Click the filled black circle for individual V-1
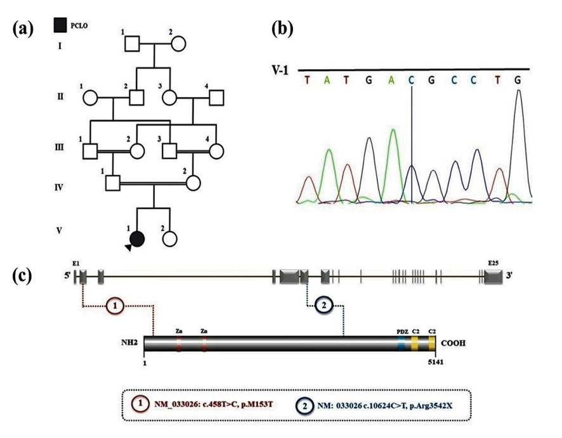[137, 238]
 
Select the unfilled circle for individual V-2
[169, 238]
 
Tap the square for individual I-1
[132, 44]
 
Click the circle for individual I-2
[178, 44]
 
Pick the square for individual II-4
[216, 98]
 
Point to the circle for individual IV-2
[193, 183]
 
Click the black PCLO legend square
[60, 25]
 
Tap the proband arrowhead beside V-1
[128, 247]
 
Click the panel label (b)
[282, 29]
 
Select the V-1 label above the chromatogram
[280, 70]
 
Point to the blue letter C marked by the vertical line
[411, 81]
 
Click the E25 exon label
[493, 263]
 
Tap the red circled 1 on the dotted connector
[115, 306]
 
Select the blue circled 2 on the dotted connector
[324, 306]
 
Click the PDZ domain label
[403, 332]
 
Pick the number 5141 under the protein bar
[436, 362]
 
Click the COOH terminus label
[453, 343]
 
